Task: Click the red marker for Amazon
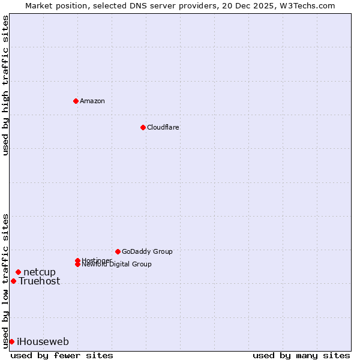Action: [x=76, y=101]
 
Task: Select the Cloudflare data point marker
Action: [x=143, y=127]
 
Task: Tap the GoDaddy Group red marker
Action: [x=118, y=251]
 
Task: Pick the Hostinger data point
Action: [x=77, y=260]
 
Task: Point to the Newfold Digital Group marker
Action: [x=78, y=264]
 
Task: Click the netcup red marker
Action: [x=18, y=272]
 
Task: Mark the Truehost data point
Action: [x=13, y=281]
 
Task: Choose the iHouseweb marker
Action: [x=11, y=341]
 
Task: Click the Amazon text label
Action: [x=92, y=101]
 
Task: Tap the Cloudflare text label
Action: [x=163, y=127]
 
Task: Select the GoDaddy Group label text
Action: [x=147, y=251]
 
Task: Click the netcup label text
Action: [x=40, y=272]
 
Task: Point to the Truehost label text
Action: [x=40, y=281]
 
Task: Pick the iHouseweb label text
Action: [x=43, y=342]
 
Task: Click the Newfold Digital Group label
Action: [x=117, y=265]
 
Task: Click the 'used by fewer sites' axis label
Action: [x=62, y=355]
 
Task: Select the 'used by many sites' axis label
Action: [x=301, y=355]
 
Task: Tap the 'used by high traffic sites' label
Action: [x=5, y=85]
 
